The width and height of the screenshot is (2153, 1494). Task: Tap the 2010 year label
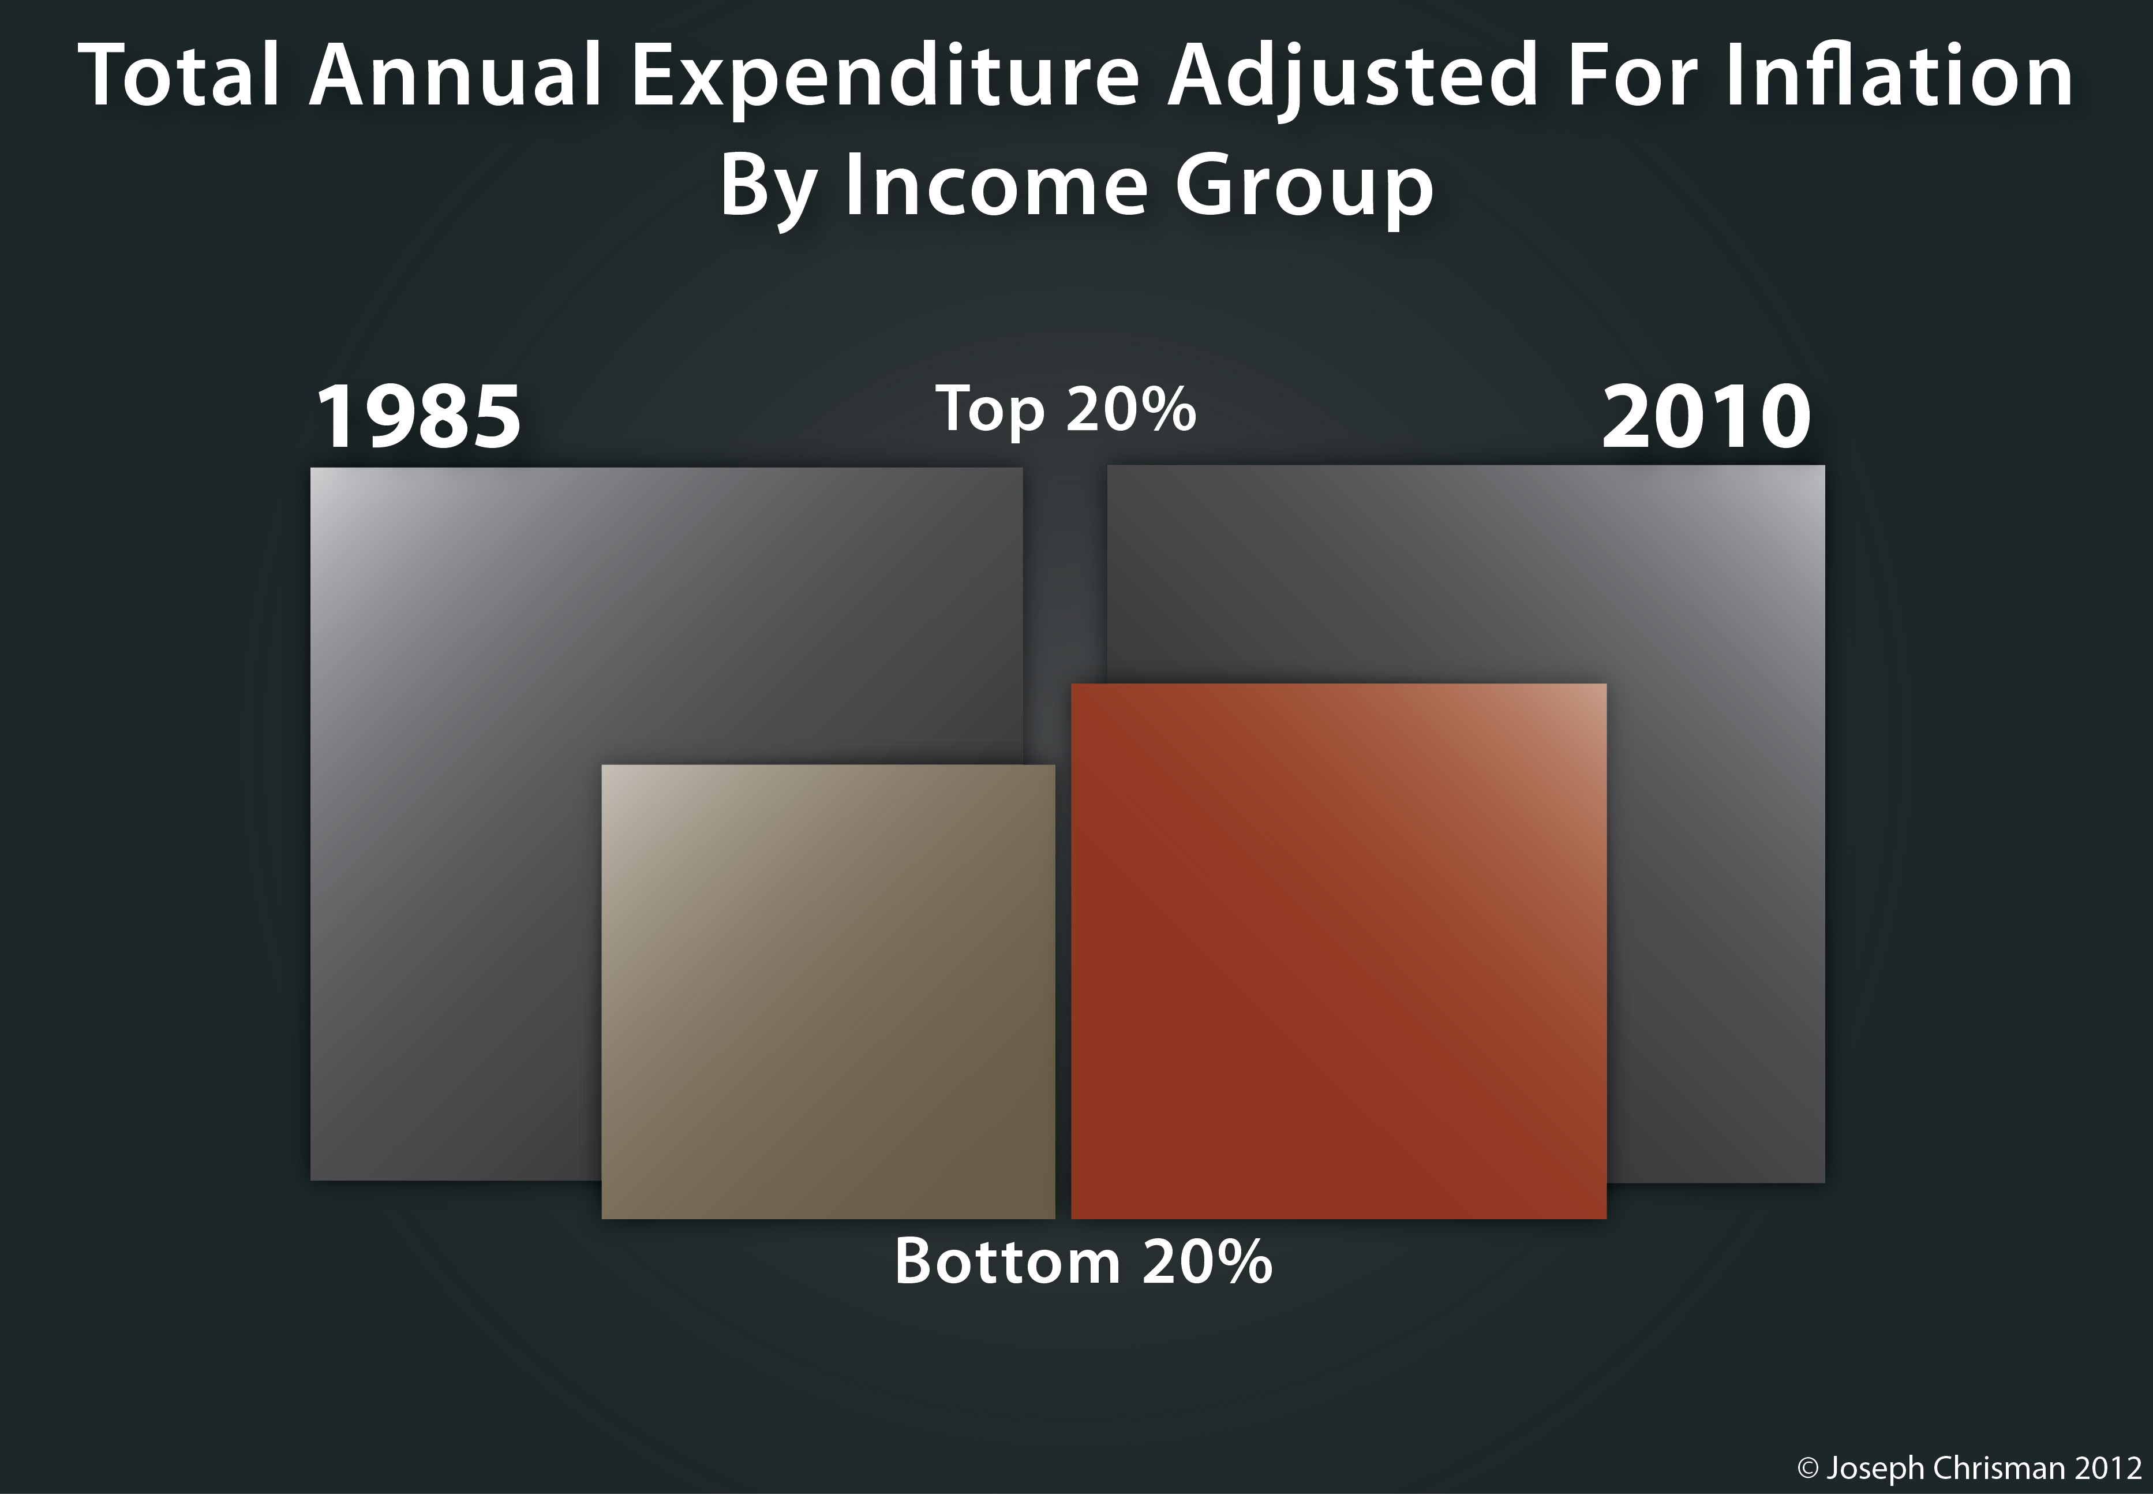(1706, 417)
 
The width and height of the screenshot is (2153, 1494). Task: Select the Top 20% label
(1066, 410)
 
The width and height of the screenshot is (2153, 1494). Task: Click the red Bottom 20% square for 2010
(1338, 950)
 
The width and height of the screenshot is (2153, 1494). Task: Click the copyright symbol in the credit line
(1808, 1468)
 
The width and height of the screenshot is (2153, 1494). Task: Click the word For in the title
(1631, 76)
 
